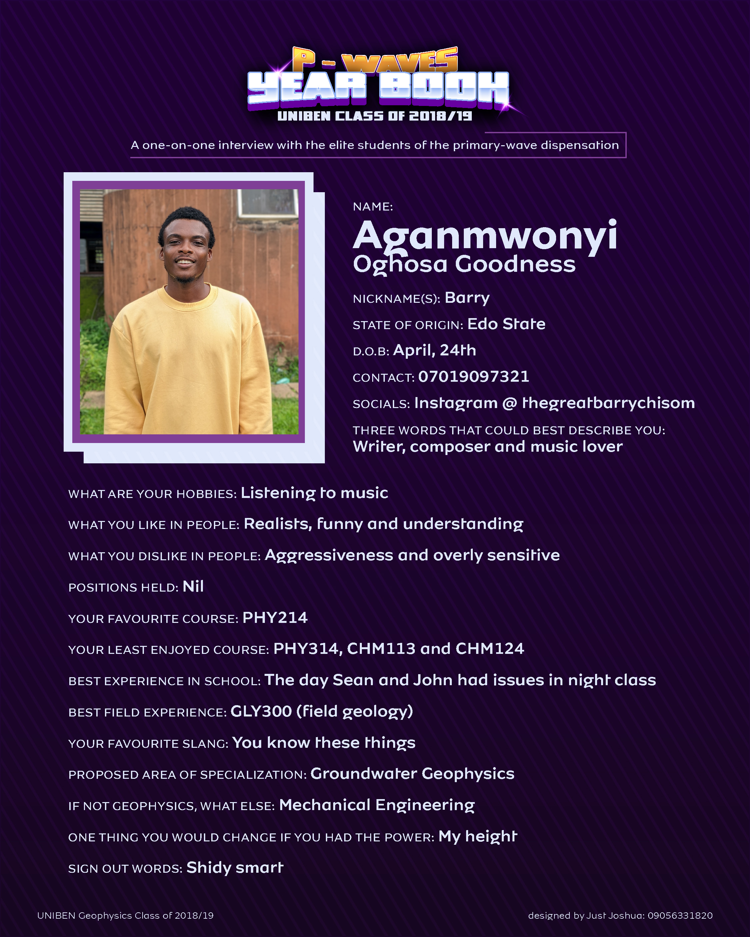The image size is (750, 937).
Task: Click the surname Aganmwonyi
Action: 485,236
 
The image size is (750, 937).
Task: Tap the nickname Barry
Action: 467,298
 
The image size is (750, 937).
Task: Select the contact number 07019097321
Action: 473,376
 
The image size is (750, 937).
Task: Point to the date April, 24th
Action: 434,350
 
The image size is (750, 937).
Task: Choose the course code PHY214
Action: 275,618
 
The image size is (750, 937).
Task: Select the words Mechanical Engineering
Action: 376,805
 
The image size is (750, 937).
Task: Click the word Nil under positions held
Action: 193,587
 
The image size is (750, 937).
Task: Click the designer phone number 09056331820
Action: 680,916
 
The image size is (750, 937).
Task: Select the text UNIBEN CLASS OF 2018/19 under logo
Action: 375,116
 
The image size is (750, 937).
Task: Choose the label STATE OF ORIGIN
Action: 407,325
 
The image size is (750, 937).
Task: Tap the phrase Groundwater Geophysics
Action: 412,774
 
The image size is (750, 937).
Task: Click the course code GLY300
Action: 261,711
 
